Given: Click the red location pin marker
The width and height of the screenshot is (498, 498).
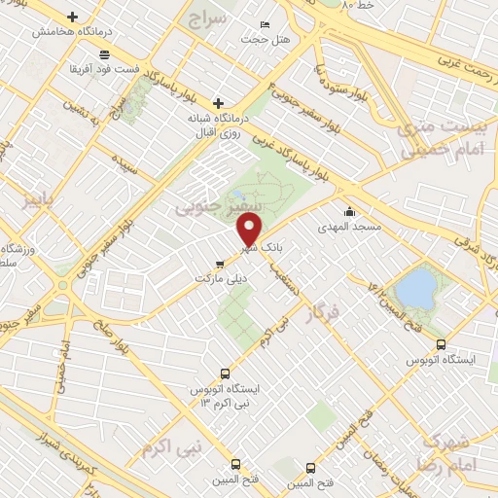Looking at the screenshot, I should [x=250, y=231].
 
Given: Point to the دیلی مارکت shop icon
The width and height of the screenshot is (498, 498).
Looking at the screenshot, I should [x=220, y=263].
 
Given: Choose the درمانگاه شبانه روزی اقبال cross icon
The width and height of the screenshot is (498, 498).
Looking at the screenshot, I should [x=219, y=102].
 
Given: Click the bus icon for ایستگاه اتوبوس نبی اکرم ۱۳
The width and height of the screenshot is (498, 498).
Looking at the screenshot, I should [x=226, y=373].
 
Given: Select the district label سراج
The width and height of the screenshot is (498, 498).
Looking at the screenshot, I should [x=207, y=19].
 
